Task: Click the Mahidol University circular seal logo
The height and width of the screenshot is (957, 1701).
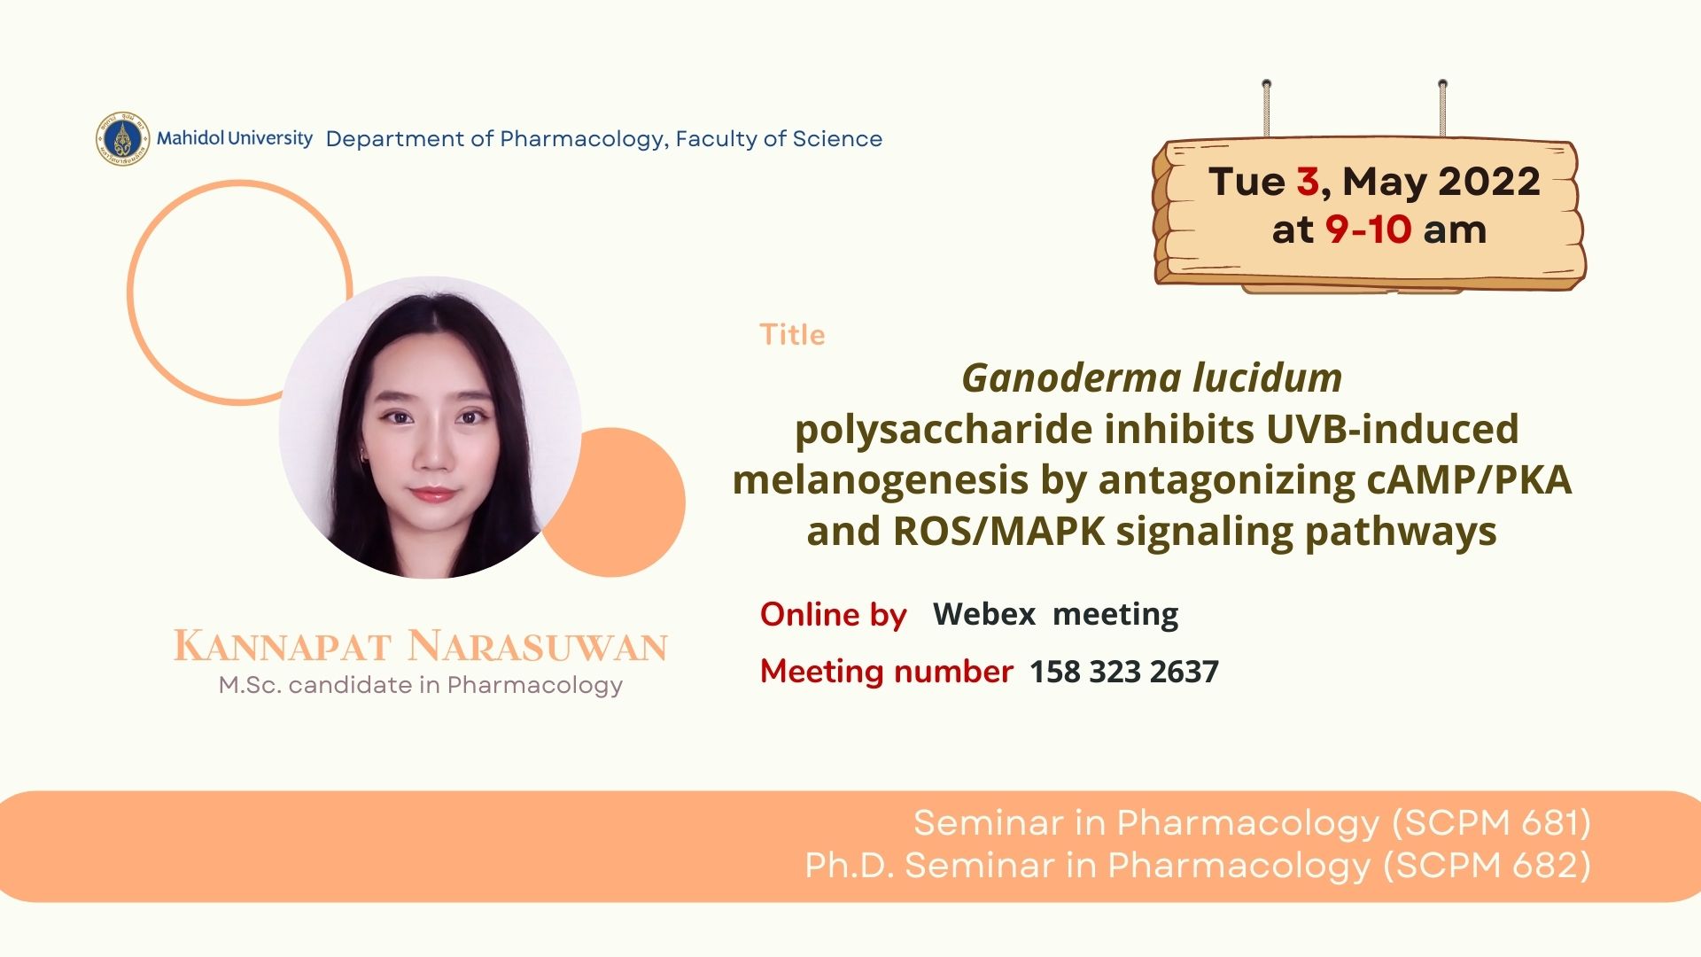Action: [x=122, y=139]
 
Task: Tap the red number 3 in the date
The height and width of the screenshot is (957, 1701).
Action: [x=1308, y=182]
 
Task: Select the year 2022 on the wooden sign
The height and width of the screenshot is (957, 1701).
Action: [x=1489, y=182]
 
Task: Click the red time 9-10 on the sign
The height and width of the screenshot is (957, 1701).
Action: [x=1368, y=230]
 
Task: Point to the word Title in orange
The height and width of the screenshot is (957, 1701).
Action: [x=792, y=335]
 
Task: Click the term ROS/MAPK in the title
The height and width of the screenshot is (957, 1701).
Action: [x=999, y=532]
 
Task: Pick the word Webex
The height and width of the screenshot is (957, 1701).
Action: [x=984, y=613]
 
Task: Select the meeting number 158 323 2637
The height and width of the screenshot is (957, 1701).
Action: [x=1123, y=672]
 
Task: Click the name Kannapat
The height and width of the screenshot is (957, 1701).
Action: [x=282, y=646]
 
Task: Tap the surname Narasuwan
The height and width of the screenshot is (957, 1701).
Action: [x=538, y=646]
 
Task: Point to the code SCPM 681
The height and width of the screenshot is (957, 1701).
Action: [x=1492, y=823]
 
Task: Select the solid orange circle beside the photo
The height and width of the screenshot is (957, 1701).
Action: [x=620, y=502]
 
